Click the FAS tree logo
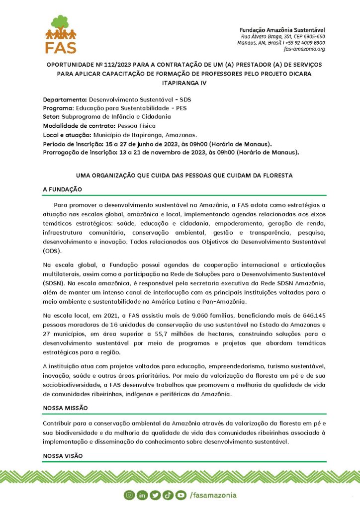[x=61, y=34]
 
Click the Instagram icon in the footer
[x=129, y=495]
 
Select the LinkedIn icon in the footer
[x=142, y=495]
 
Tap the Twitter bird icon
[x=155, y=495]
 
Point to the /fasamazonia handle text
[x=213, y=495]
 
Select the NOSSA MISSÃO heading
[x=65, y=408]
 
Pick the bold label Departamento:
[x=65, y=99]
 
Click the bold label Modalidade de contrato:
[x=79, y=125]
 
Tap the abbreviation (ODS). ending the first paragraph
[x=53, y=251]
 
